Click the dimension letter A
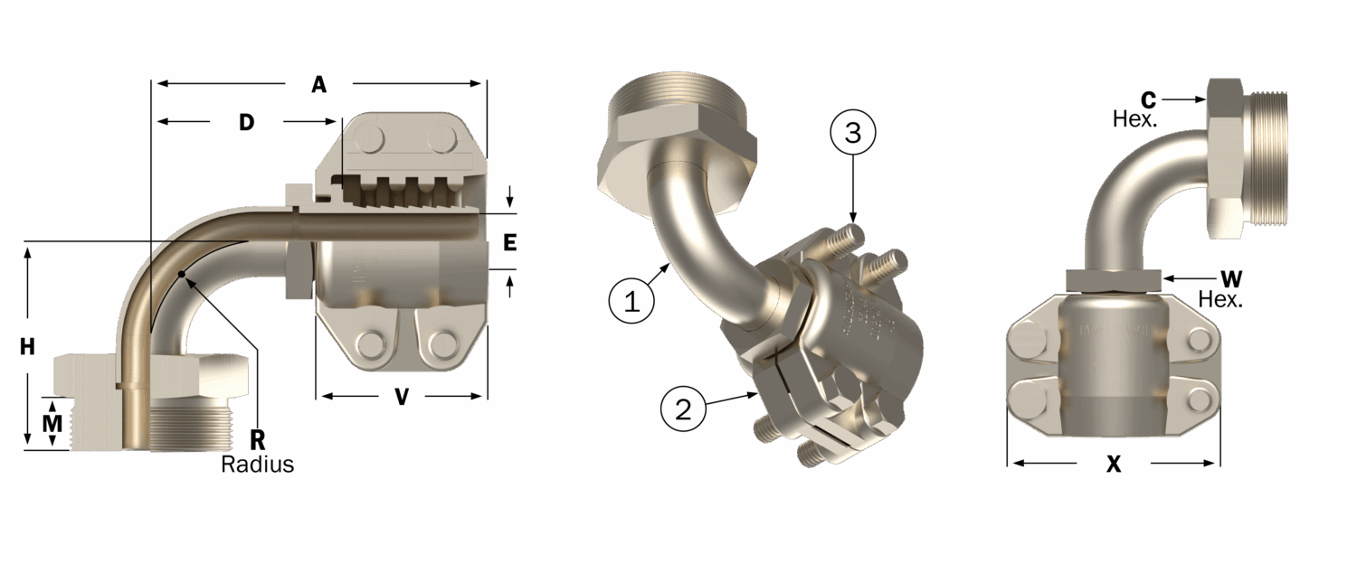pos(318,85)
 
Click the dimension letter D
pos(246,122)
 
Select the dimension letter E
pos(509,242)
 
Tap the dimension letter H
pos(28,346)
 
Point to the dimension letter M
pos(54,422)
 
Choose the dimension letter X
pos(1114,464)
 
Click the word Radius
pos(258,465)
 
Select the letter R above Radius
pos(257,441)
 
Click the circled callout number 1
pos(632,300)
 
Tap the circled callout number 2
pos(684,409)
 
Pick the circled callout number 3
pos(853,133)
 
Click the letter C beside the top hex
pos(1147,99)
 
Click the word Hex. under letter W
pos(1220,298)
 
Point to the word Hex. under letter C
pos(1135,118)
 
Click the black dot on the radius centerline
pos(182,273)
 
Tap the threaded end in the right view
pos(1269,158)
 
